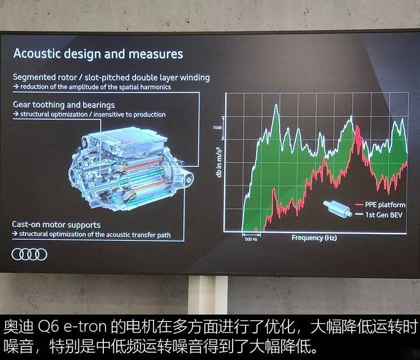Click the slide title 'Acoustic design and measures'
coord(98,54)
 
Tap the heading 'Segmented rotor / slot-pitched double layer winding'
coord(111,77)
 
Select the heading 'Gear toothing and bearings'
coord(63,105)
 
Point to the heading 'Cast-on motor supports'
coord(56,225)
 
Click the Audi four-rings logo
coord(29,254)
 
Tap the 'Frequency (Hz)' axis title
coord(314,238)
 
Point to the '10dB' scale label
coord(217,128)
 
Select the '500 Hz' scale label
coord(252,239)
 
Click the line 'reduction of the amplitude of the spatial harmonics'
coord(95,87)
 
